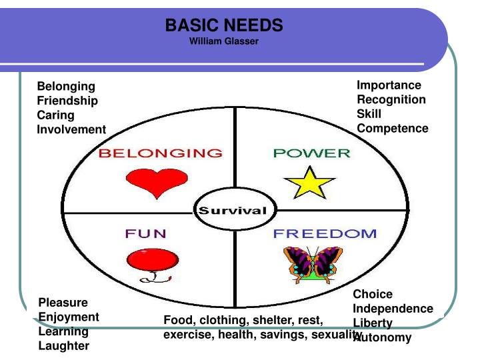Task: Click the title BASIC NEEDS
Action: [x=224, y=26]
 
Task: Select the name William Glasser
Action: [x=224, y=41]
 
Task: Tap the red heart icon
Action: [x=148, y=182]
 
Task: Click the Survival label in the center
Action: [x=230, y=211]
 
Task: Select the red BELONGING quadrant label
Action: [x=161, y=153]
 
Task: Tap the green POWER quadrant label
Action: [x=311, y=153]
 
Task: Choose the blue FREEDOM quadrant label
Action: [x=325, y=234]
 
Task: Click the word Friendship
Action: [x=67, y=101]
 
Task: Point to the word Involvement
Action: [x=71, y=129]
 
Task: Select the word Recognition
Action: [x=391, y=99]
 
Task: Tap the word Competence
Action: [x=393, y=128]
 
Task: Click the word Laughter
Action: [x=63, y=346]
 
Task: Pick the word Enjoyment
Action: [x=69, y=317]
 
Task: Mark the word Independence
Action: [x=393, y=309]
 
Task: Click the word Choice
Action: [x=373, y=294]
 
